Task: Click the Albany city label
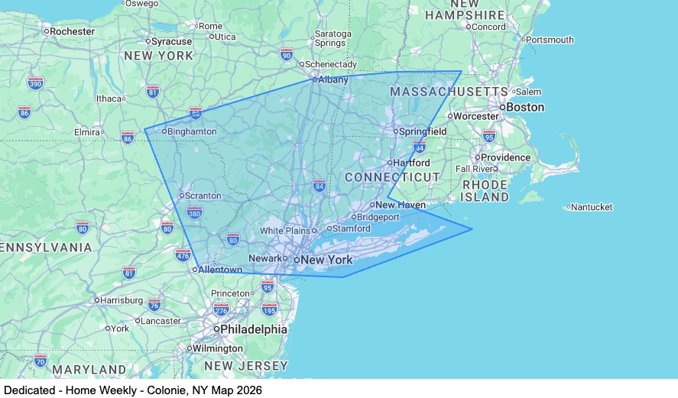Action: pos(333,79)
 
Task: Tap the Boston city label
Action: pos(525,107)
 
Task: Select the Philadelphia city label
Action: pos(254,329)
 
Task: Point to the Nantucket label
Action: pos(592,207)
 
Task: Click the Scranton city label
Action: pos(203,196)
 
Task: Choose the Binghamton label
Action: pos(192,131)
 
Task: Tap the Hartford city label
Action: pos(413,163)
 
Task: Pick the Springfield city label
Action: pos(423,131)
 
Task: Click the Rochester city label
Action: pos(72,31)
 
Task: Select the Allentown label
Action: pos(221,270)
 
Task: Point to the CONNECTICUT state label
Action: pos(392,177)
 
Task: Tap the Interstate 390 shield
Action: pos(35,83)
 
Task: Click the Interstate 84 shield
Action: pos(320,186)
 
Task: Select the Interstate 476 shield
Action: pos(183,254)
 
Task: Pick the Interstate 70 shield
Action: pos(41,360)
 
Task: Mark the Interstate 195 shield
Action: pos(269,309)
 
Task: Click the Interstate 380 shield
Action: pos(195,212)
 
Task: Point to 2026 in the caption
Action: pos(248,390)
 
